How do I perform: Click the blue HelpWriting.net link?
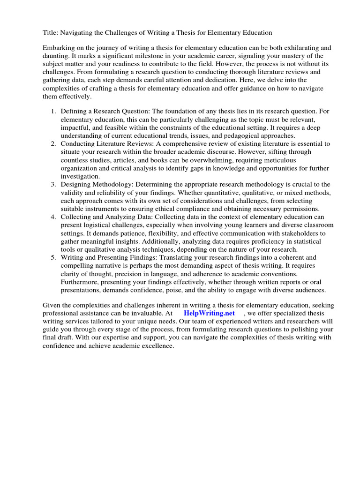coord(209,313)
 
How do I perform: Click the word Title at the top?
coord(50,32)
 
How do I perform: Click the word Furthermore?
coord(80,282)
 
